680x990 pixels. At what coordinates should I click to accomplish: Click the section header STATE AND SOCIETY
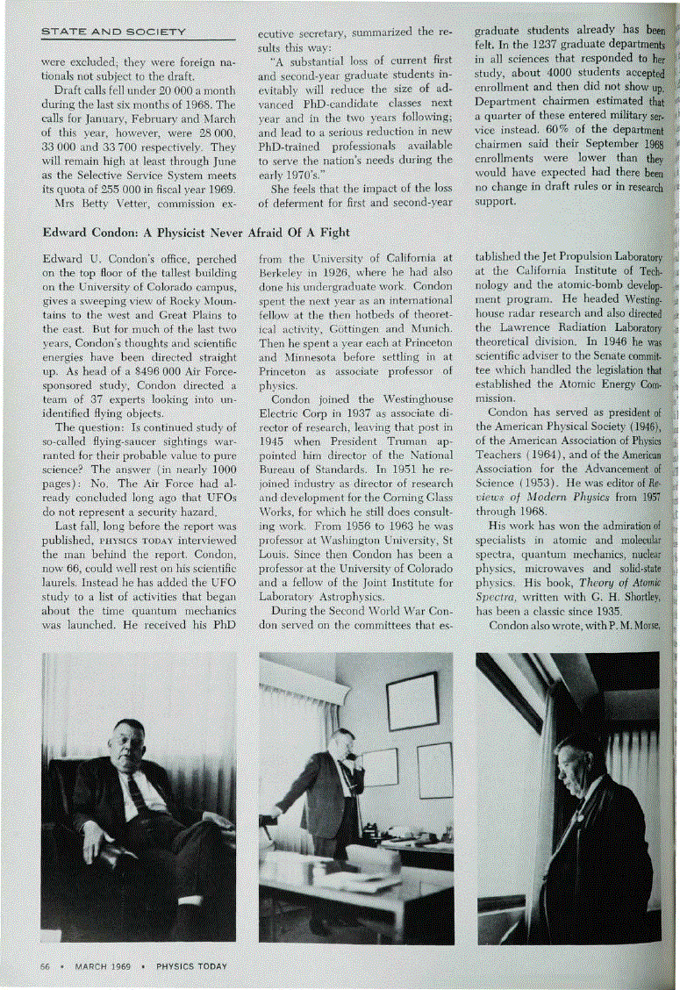[113, 32]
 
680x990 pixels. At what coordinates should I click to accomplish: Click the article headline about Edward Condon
[196, 233]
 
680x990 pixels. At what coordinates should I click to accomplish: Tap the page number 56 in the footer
[46, 966]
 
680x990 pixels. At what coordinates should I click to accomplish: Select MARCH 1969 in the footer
[103, 966]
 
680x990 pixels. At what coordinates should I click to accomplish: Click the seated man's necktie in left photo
[136, 795]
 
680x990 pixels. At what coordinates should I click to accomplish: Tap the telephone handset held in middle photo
[350, 760]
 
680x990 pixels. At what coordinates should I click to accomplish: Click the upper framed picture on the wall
[412, 702]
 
